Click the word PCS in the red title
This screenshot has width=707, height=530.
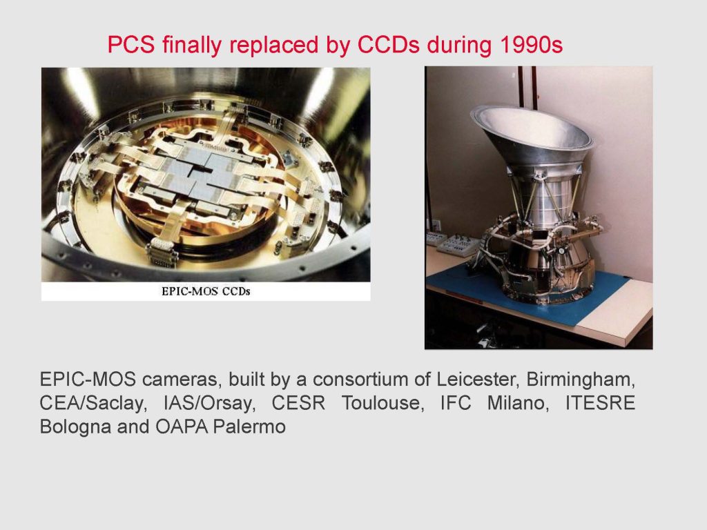pyautogui.click(x=131, y=45)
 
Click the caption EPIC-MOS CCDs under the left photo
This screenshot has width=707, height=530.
pyautogui.click(x=206, y=291)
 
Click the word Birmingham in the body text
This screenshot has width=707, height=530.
pyautogui.click(x=581, y=380)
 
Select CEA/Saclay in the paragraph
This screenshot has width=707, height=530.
pyautogui.click(x=93, y=403)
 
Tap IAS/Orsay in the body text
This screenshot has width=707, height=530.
pyautogui.click(x=209, y=403)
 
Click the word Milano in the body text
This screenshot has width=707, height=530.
pyautogui.click(x=518, y=403)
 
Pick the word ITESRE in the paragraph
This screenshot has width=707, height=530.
pyautogui.click(x=600, y=403)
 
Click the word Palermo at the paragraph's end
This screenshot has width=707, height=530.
pyautogui.click(x=249, y=426)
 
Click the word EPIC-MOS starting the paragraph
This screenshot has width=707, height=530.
pyautogui.click(x=88, y=380)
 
